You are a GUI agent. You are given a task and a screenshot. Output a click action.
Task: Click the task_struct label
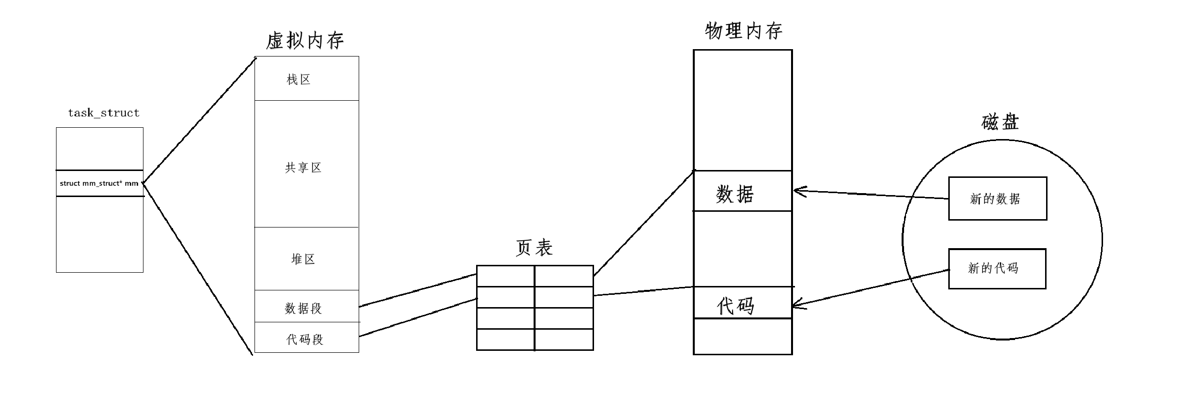[x=104, y=113]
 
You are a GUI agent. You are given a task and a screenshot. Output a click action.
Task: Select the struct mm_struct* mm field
[x=99, y=183]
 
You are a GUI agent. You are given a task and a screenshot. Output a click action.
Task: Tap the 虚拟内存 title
[x=305, y=40]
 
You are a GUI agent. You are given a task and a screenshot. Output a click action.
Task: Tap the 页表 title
[x=534, y=248]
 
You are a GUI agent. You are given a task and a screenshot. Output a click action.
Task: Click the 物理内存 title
[x=743, y=31]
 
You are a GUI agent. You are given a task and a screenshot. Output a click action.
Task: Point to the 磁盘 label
[x=1000, y=121]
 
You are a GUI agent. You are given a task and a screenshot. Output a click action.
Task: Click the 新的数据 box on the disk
[x=997, y=199]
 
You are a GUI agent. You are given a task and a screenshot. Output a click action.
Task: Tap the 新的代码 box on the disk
[x=996, y=269]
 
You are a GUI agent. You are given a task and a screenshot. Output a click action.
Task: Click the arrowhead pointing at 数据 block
[x=796, y=191]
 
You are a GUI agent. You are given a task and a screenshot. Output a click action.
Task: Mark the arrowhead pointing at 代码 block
[x=795, y=305]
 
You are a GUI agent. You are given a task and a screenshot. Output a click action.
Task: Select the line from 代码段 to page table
[x=418, y=317]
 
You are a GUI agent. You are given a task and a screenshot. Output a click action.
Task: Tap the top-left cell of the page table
[x=505, y=276]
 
